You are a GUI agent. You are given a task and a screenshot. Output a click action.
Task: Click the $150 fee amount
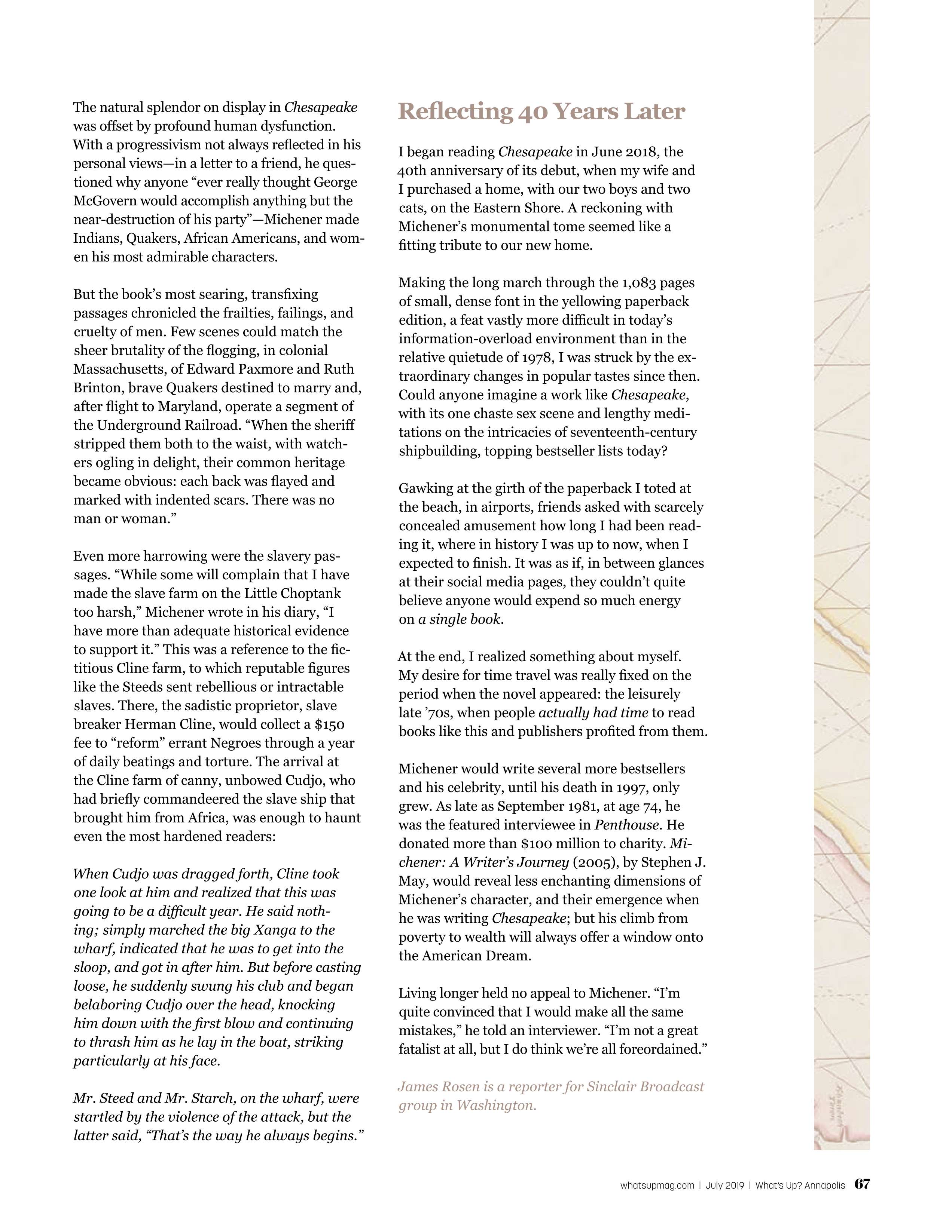329,724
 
